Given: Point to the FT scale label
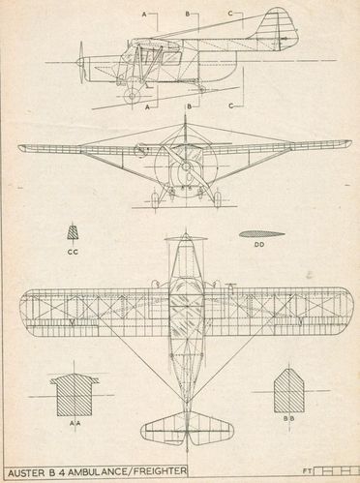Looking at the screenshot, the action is coord(307,471).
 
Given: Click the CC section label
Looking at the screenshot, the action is coord(73,252).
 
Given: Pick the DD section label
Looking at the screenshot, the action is coord(259,245).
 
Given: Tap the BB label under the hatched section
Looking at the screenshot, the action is coord(289,418).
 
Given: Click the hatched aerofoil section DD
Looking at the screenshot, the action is coord(262,234).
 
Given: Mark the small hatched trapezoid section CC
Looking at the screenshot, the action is coord(73,232).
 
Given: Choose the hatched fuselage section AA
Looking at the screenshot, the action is coord(75,395).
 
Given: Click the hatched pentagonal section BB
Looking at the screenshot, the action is coord(289,391).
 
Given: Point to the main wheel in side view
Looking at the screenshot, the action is coord(132,96).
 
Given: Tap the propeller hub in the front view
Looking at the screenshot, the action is coord(186,166).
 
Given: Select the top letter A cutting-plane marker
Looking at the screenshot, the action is coord(144,15).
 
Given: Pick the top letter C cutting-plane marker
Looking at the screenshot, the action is coord(230,14).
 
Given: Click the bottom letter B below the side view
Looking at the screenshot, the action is coord(190,106).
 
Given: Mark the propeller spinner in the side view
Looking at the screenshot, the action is coord(80,61).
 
